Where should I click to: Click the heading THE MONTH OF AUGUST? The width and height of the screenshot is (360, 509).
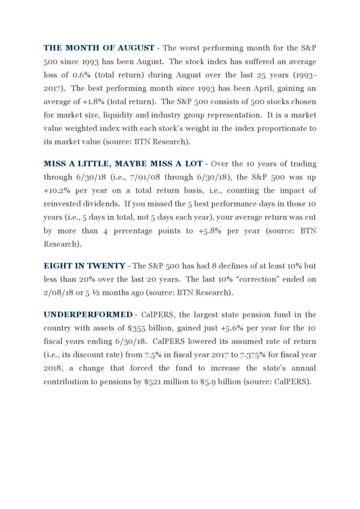[99, 48]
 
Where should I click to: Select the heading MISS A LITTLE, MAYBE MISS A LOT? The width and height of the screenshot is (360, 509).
[123, 164]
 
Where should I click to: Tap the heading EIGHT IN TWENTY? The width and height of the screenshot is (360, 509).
[84, 266]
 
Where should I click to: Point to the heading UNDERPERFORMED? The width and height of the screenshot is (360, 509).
[88, 314]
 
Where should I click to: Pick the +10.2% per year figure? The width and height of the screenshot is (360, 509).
[56, 190]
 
